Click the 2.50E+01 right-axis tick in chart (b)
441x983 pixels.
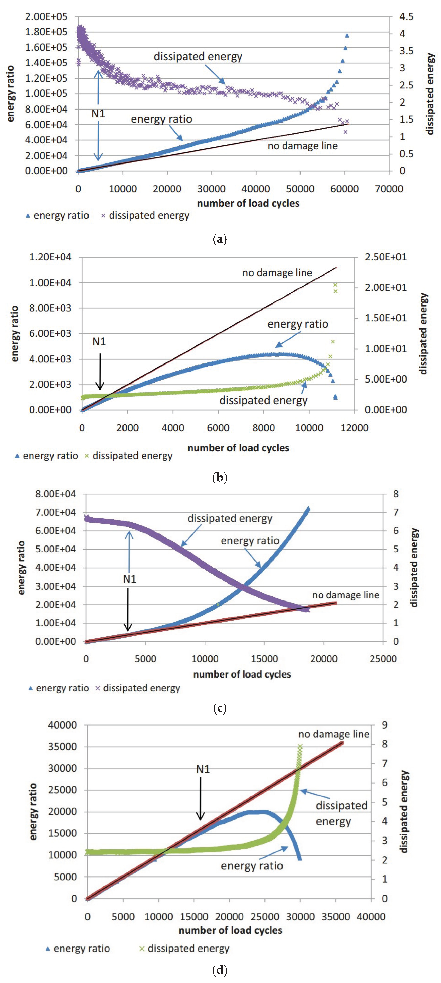pyautogui.click(x=386, y=257)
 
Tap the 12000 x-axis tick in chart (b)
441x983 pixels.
pyautogui.click(x=354, y=428)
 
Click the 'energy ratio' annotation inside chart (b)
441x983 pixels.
pyautogui.click(x=297, y=324)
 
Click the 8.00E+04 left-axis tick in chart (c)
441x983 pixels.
pyautogui.click(x=55, y=494)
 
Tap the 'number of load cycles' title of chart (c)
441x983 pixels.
pyautogui.click(x=242, y=674)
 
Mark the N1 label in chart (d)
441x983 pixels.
pyautogui.click(x=203, y=769)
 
